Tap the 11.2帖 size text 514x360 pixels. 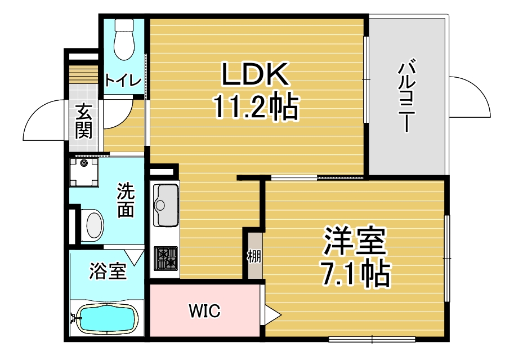click(255, 107)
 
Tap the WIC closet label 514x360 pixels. click(204, 310)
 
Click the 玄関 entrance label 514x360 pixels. click(84, 121)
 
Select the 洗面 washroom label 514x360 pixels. click(126, 200)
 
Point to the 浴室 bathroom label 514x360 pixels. click(108, 272)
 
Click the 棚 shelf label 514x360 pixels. click(254, 256)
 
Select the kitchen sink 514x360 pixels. click(164, 203)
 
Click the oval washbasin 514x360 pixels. click(94, 225)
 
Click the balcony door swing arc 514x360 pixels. click(470, 96)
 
